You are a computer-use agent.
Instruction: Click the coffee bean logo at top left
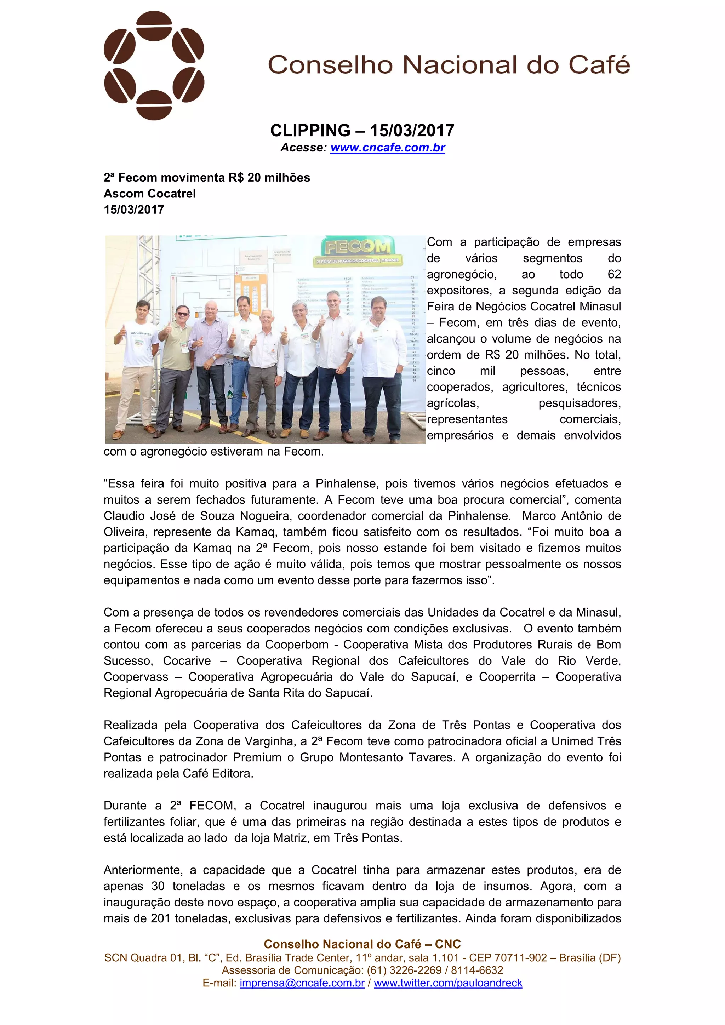(154, 65)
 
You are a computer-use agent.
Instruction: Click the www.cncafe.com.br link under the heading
(388, 147)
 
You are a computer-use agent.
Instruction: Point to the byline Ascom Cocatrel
(149, 193)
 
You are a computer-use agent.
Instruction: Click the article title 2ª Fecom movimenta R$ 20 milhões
(207, 177)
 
